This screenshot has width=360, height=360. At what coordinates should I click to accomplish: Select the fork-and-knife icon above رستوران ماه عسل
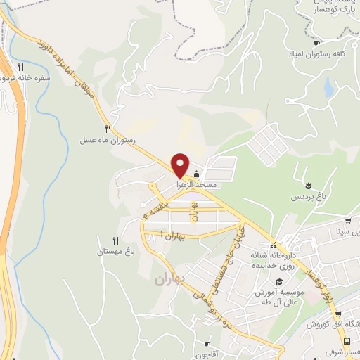(108, 129)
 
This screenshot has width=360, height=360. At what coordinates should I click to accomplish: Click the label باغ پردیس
(310, 198)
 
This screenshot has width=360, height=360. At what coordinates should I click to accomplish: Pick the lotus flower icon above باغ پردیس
(307, 186)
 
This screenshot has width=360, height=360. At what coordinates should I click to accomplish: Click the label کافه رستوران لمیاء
(319, 53)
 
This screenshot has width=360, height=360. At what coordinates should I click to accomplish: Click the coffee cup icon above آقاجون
(207, 344)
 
